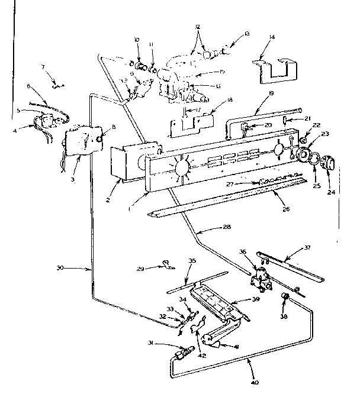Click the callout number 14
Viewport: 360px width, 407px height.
[x=271, y=37]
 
